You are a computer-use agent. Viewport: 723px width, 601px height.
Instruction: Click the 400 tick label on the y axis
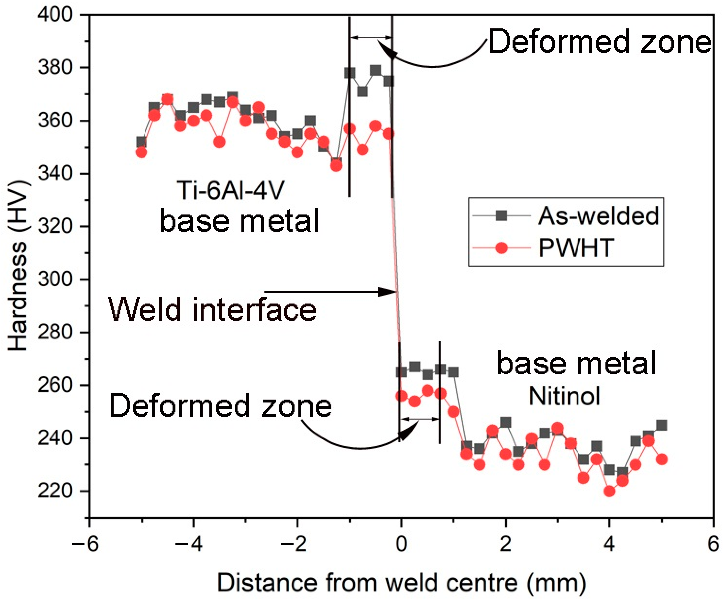click(x=55, y=15)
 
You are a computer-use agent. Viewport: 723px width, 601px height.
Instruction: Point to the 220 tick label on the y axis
click(x=55, y=491)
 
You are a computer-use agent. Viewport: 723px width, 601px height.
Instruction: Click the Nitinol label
click(x=564, y=396)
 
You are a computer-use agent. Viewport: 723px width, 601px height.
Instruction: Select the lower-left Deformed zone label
click(x=220, y=406)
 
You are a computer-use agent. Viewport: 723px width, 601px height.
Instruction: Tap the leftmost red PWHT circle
click(x=142, y=152)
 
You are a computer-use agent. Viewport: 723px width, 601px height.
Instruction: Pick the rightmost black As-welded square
click(x=661, y=425)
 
